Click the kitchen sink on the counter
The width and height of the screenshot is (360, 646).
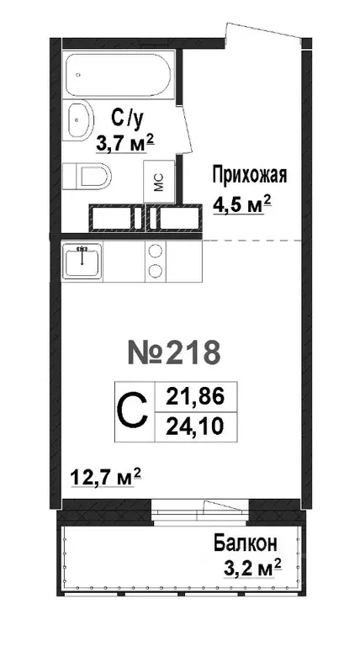tap(82, 259)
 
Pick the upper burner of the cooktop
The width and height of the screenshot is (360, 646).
tap(155, 250)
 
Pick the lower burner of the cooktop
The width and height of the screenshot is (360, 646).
tap(155, 272)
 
